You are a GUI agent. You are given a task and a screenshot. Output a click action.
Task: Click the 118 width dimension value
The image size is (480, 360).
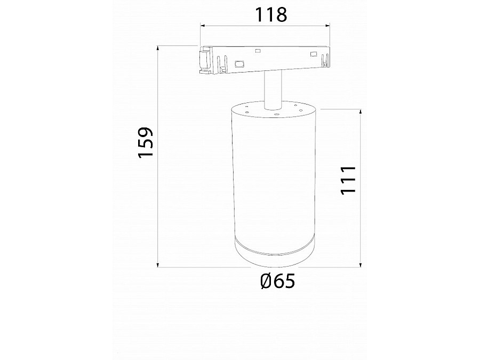pos(270,15)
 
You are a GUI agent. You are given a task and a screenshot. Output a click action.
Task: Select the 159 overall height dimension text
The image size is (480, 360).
pos(145,142)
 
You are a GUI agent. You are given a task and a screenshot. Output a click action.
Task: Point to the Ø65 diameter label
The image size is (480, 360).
pos(277,281)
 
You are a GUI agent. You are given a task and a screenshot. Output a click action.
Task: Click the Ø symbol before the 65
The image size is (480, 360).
pos(268,281)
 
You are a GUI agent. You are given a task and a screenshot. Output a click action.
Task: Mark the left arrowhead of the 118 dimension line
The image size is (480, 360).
pos(203,25)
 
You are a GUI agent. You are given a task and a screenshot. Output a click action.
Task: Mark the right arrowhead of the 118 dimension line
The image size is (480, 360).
pos(329,25)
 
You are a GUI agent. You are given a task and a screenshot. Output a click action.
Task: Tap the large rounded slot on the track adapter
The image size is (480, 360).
pos(238,64)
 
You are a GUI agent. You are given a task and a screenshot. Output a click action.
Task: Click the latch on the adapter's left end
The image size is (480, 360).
pos(204,61)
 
